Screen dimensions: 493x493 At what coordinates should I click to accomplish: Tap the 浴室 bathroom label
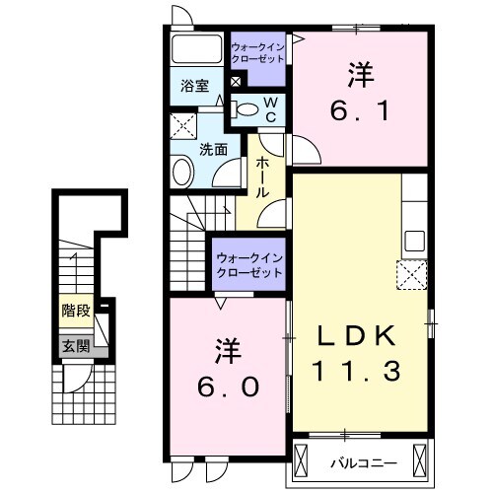[x=193, y=87]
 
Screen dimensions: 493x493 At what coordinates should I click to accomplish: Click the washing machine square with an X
[x=182, y=127]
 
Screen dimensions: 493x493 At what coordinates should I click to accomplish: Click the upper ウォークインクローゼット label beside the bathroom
[x=257, y=52]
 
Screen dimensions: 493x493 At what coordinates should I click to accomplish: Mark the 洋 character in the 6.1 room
[x=359, y=74]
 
